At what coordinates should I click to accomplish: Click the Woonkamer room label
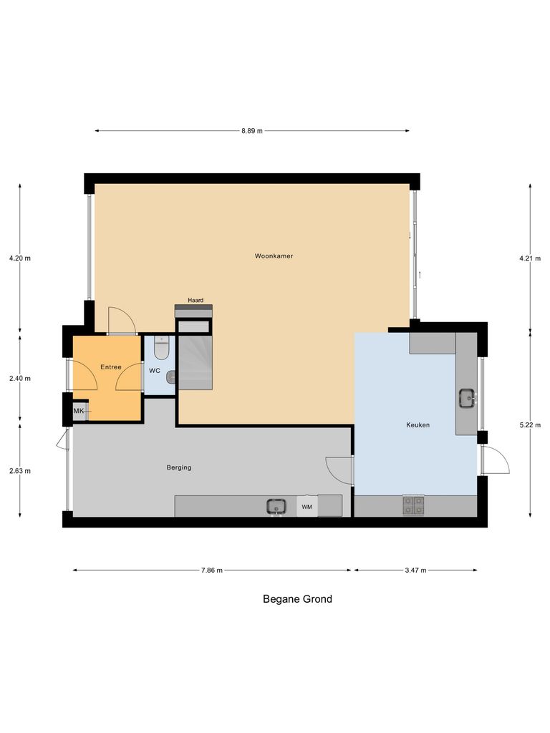(274, 256)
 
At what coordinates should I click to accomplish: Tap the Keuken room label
(418, 424)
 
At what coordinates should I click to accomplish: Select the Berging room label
(178, 467)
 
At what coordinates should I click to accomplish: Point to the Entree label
(110, 366)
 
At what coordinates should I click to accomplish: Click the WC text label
(155, 371)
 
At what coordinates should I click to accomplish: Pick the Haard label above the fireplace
(196, 300)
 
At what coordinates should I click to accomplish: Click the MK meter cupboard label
(79, 410)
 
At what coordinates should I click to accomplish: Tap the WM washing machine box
(307, 507)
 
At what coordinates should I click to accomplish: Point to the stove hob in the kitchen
(412, 505)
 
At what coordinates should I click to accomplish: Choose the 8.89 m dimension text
(251, 131)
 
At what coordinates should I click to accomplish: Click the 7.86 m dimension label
(211, 571)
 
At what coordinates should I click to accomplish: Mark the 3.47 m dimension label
(415, 571)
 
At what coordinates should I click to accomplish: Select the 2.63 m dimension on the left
(19, 470)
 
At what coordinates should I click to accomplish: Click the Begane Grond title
(297, 599)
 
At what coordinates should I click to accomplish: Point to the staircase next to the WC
(195, 362)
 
